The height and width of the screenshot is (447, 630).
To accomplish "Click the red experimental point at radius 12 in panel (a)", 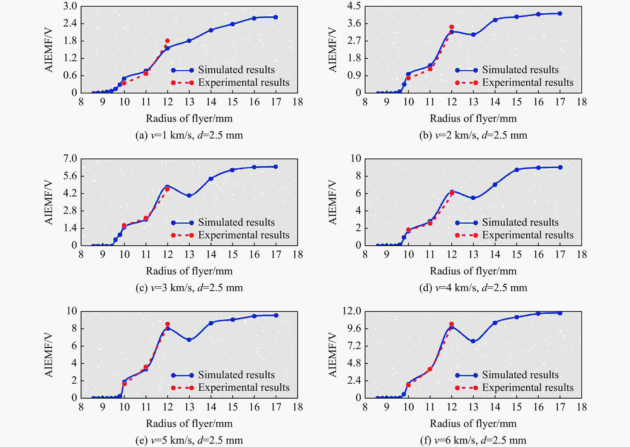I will pos(167,41).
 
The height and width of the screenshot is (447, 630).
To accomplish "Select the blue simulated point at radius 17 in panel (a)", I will pos(276,17).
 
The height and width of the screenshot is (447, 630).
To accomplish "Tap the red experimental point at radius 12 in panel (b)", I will pos(451,27).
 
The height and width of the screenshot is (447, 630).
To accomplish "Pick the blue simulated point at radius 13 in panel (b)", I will pos(473,35).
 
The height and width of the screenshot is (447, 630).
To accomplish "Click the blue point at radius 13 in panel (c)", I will pos(189,196).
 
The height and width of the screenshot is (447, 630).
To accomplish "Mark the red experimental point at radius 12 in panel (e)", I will pos(167,324).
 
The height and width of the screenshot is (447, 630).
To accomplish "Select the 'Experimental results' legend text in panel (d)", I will pos(528,235).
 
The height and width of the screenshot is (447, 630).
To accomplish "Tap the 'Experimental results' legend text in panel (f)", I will pos(528,388).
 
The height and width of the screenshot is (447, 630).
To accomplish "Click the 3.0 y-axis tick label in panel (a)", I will pos(70,6).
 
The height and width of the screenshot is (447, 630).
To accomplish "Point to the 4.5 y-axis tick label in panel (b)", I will pos(354,6).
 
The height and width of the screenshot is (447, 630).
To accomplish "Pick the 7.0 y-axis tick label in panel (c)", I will pos(70,159).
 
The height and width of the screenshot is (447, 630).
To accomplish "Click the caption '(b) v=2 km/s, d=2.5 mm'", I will pos(473,135).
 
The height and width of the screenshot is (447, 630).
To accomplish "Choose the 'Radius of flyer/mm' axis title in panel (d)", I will pos(473,271).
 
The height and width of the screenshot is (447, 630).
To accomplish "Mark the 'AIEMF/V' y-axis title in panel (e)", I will pos(49,355).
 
